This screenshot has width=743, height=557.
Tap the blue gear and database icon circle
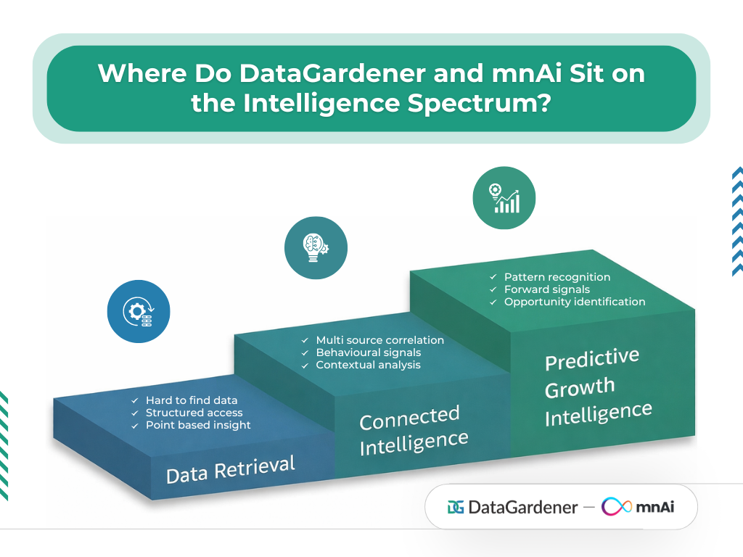coord(139,311)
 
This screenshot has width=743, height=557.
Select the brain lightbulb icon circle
coord(316,247)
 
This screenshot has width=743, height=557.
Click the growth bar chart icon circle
coord(504,198)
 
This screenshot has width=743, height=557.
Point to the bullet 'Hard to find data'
coord(192,400)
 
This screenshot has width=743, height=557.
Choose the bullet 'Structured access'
coord(194,413)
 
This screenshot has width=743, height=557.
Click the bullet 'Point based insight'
coord(198,425)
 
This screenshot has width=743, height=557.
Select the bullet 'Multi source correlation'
coord(379,340)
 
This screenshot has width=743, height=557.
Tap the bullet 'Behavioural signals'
coord(368,352)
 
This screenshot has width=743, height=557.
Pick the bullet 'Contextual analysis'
coord(368,365)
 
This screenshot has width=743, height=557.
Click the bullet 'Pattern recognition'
coord(557,277)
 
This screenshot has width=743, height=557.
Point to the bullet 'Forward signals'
coord(547,289)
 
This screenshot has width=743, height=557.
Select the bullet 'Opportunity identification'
coord(575,302)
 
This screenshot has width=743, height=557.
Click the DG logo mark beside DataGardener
coord(456,507)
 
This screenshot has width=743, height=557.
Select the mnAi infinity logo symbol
coord(617,506)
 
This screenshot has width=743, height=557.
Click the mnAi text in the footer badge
coord(655,507)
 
